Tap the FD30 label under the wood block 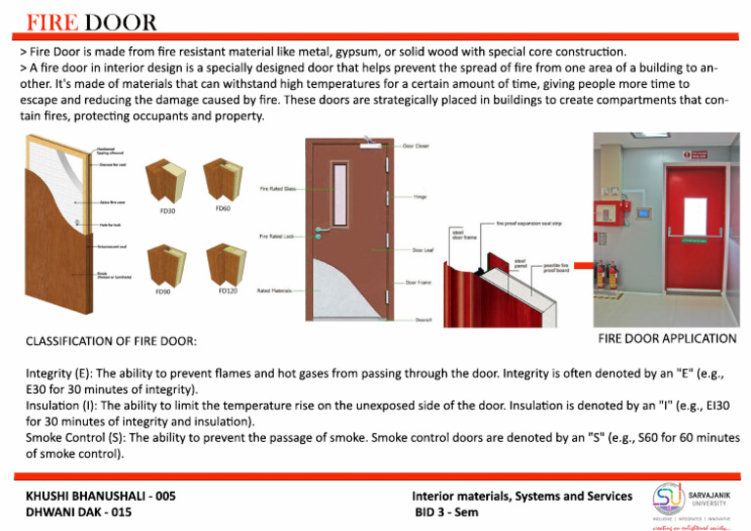(166, 210)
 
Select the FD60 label (223, 207)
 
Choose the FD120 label (227, 289)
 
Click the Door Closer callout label (418, 146)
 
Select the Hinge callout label (420, 197)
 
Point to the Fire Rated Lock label (277, 237)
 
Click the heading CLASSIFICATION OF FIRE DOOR (110, 341)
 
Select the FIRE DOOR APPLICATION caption (667, 338)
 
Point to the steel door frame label (464, 235)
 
